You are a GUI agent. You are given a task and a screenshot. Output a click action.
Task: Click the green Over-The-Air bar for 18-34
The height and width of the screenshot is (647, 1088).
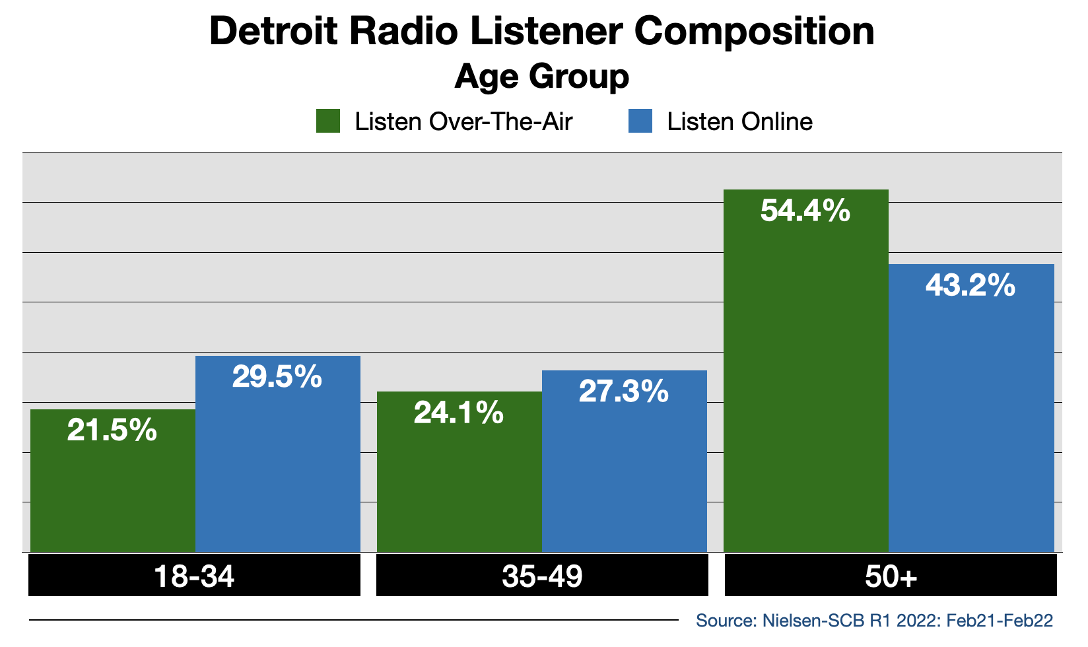[x=113, y=489]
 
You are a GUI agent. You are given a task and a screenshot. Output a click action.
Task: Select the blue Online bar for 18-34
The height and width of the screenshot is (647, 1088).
[x=278, y=462]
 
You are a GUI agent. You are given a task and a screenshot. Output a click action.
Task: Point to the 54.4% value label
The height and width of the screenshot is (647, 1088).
[x=805, y=211]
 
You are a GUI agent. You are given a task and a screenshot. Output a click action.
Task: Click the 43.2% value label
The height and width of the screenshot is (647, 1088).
[x=970, y=286]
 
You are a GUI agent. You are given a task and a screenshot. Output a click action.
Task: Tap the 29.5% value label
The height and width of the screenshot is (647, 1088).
[x=277, y=377]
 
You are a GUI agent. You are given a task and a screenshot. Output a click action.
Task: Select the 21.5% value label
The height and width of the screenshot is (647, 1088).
[x=112, y=431]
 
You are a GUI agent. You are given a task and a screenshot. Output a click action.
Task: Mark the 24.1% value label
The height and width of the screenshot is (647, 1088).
[x=459, y=414]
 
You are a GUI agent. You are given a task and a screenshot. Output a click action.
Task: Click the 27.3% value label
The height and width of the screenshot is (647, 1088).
[x=624, y=392]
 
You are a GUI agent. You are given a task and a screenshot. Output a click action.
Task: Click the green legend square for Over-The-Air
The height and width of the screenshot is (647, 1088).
[x=328, y=121]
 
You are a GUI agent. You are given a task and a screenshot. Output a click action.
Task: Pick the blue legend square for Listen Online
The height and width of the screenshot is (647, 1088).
[x=640, y=121]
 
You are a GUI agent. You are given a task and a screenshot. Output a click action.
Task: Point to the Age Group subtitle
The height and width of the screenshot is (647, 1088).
[x=542, y=77]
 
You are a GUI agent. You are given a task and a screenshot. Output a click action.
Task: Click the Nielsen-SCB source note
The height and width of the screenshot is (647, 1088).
[x=874, y=621]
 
